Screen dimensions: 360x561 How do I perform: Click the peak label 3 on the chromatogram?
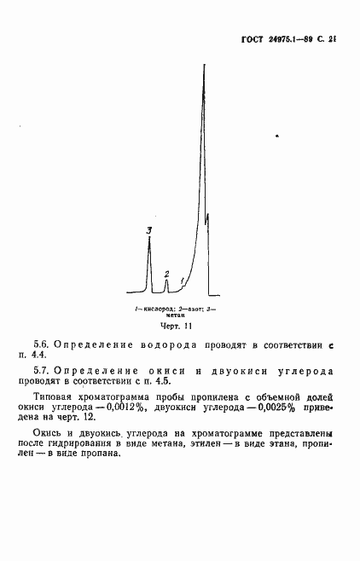[x=149, y=230]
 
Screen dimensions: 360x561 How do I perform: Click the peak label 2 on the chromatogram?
[x=166, y=274]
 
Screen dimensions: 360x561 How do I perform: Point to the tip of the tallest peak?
[x=204, y=67]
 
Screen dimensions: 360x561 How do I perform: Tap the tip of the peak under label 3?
[x=149, y=240]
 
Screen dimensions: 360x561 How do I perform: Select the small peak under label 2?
[x=166, y=285]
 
